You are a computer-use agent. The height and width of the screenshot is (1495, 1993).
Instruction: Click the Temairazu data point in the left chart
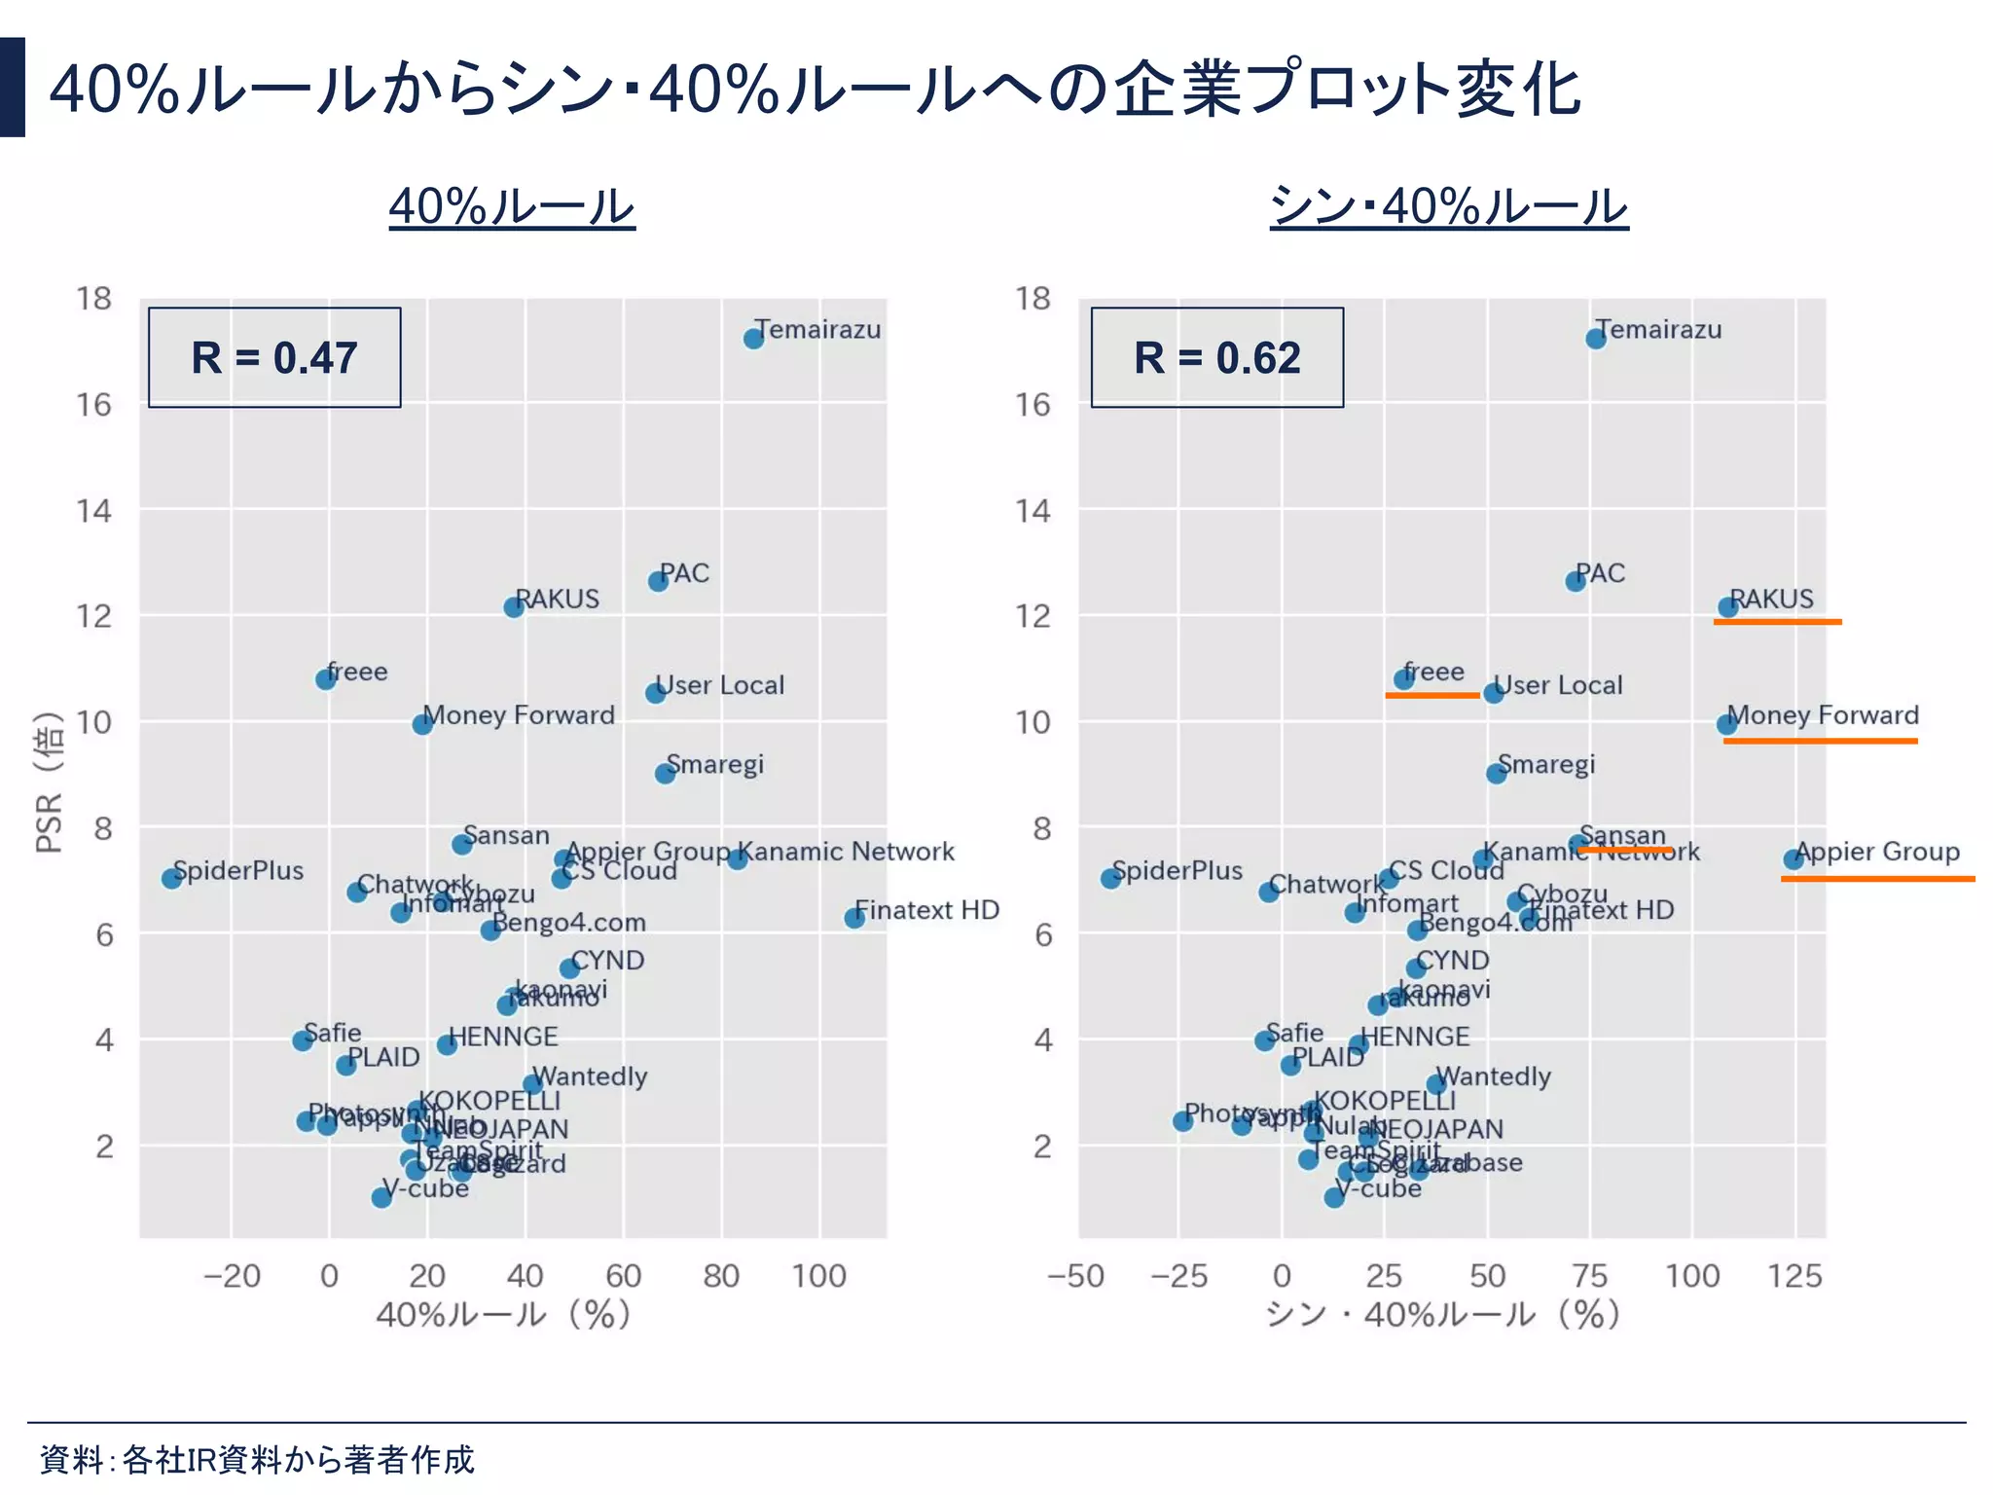tap(753, 339)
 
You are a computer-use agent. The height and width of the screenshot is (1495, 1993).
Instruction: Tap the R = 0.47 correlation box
tap(274, 357)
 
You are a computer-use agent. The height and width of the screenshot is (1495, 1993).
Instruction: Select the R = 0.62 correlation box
tap(1216, 357)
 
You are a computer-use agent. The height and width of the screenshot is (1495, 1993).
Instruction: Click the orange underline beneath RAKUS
tap(1777, 621)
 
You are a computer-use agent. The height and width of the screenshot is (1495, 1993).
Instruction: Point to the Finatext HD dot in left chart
tap(854, 918)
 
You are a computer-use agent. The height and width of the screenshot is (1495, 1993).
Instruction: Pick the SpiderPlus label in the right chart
tap(1177, 870)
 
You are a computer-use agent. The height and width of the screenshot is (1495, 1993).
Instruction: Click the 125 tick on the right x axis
tap(1794, 1275)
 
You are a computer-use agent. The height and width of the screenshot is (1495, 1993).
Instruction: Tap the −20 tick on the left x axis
tap(232, 1275)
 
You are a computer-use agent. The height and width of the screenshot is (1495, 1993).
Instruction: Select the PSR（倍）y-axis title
tap(49, 783)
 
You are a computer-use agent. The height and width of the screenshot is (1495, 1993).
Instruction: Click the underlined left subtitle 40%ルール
tap(512, 206)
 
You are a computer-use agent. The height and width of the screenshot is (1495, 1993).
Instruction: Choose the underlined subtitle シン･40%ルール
tap(1448, 206)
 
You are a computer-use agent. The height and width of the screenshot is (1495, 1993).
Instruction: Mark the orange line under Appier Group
tap(1877, 879)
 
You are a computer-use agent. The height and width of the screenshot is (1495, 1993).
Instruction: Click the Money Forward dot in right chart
tap(1726, 724)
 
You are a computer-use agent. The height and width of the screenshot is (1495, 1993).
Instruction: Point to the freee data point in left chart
tap(326, 679)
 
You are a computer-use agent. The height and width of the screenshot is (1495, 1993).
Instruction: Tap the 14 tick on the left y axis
tap(94, 510)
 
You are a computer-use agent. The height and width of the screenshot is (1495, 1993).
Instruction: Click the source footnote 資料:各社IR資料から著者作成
tap(257, 1459)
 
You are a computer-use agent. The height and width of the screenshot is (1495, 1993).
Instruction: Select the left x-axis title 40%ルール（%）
tap(504, 1315)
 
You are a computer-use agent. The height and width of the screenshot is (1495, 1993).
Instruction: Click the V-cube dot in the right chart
tap(1334, 1197)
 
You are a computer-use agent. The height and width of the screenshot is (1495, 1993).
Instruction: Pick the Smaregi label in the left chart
tap(715, 764)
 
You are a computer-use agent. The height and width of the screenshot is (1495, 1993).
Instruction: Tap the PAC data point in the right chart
tap(1576, 581)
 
